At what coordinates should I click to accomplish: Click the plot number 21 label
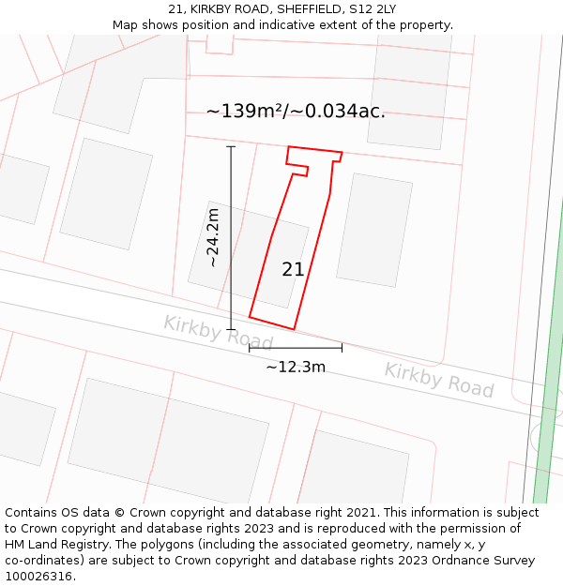293,269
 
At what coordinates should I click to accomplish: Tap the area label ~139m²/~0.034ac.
296,112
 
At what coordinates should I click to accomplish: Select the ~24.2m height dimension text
213,237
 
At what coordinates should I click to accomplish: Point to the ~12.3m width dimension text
296,367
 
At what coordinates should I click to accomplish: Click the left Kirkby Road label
218,333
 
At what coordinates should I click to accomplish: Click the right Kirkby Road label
438,379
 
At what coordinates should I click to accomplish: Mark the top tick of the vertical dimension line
231,147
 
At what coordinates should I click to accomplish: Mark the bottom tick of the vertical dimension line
231,329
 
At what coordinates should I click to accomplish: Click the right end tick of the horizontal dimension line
342,348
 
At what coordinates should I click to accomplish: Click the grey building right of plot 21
373,230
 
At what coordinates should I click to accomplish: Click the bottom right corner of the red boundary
295,329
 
